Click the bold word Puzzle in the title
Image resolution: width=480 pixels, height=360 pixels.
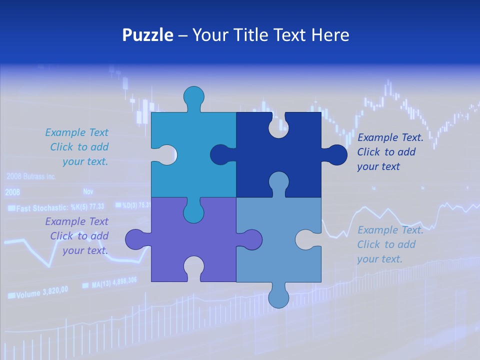148,35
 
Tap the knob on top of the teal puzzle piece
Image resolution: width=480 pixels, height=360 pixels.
193,96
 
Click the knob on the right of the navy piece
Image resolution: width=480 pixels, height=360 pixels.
336,155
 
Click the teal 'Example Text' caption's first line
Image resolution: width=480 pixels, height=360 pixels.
76,132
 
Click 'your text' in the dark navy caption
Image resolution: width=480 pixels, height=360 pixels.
378,166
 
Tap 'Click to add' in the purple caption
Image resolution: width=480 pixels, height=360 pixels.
79,236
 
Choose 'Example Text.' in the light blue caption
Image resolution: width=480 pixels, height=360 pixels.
390,230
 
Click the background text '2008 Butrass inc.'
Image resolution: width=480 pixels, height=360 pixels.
31,176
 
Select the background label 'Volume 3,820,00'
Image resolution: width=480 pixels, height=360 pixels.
38,293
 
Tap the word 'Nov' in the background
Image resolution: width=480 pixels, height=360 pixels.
88,191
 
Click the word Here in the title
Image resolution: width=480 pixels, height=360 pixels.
330,35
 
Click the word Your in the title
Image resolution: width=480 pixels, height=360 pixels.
210,35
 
